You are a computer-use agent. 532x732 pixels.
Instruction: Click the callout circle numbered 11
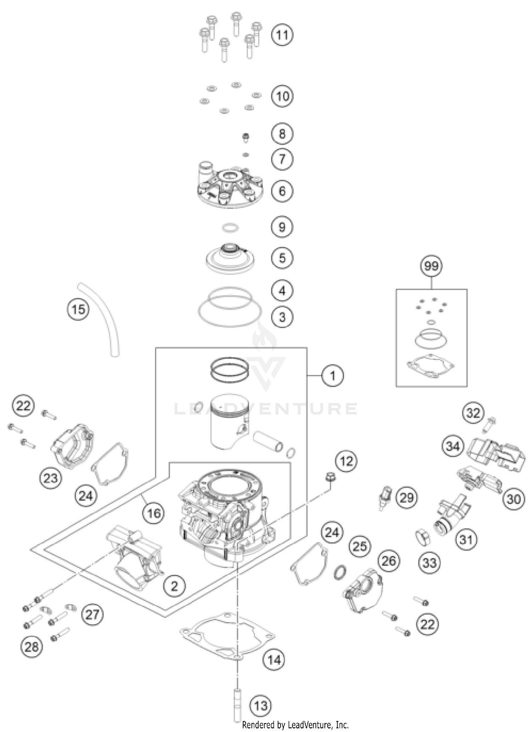282,35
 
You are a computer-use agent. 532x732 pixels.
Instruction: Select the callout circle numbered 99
431,266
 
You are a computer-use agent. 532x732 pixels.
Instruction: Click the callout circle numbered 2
174,586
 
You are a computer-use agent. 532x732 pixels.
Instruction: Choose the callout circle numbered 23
50,478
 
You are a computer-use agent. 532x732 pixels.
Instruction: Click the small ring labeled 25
339,571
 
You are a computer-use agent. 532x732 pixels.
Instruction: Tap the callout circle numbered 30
513,499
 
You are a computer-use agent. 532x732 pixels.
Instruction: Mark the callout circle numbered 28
31,647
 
